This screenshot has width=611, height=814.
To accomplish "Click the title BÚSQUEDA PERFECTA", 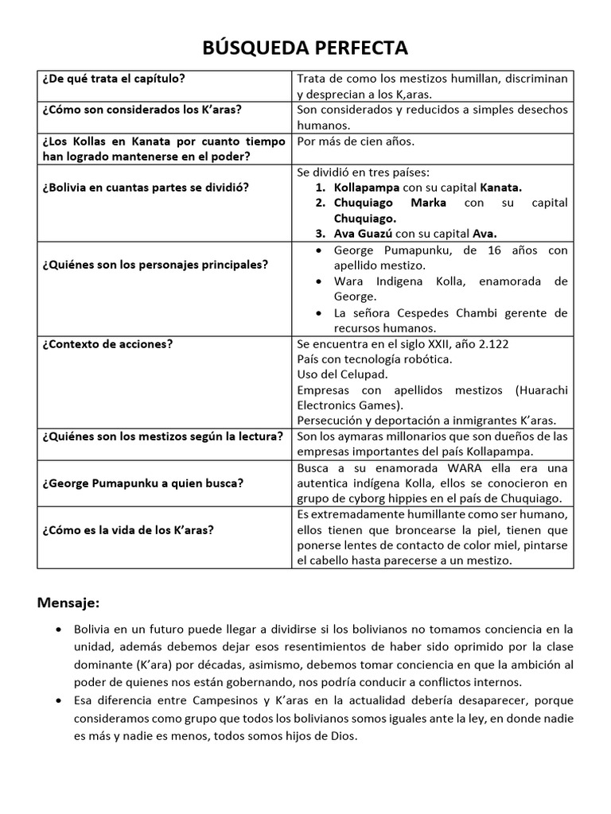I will pos(305,48).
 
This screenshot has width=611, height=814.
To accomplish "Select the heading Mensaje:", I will pos(68,601).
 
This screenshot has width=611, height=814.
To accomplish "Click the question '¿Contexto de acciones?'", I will pos(107,343).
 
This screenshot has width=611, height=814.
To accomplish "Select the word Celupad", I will pos(365,374).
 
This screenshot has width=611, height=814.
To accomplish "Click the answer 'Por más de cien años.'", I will pos(355,141).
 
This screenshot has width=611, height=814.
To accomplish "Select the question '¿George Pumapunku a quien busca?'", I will pos(143,483).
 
